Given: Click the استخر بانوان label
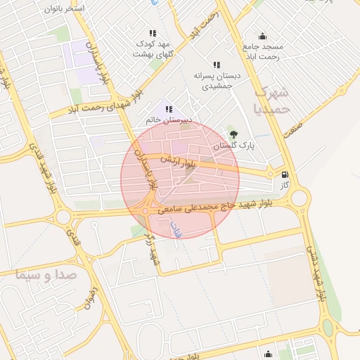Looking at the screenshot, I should pos(65,8).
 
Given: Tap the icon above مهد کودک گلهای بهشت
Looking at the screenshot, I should pos(153,33).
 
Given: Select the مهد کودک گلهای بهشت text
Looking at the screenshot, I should pos(152,49).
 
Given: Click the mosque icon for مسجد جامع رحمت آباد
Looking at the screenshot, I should pos(263,37).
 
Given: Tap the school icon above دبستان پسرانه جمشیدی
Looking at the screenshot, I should pos(216,64).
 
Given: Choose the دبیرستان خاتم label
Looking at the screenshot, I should pos(167,120).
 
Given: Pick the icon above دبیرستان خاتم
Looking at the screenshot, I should pos(168,109).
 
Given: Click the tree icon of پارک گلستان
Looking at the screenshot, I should pos(233,134).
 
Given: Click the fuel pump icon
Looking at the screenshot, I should pos(284,175).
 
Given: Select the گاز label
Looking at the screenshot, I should pos(284,186).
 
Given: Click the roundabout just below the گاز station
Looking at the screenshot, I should pos(300,198).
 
